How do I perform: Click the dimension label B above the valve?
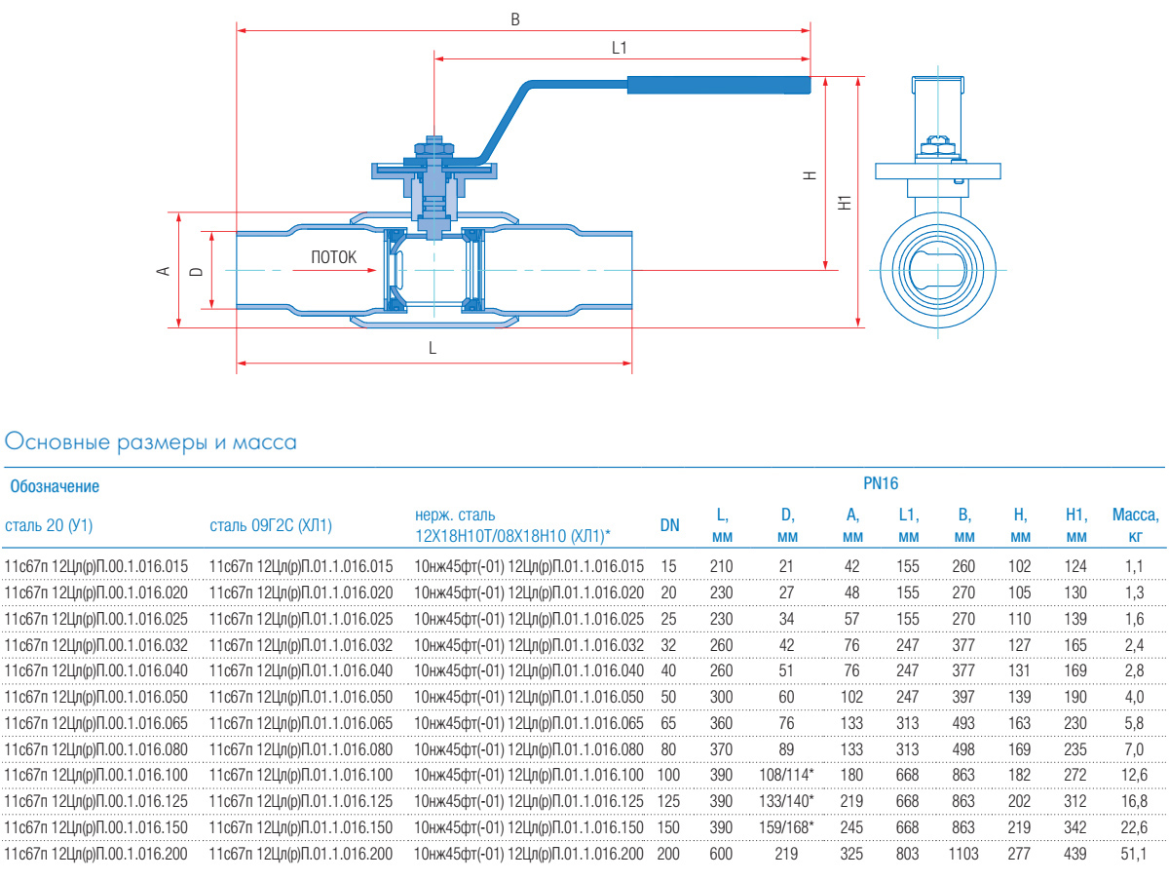click(x=515, y=19)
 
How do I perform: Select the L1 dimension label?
click(x=619, y=48)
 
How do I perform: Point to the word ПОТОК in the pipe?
click(x=333, y=257)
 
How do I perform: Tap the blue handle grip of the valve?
click(x=718, y=85)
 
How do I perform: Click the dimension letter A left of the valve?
click(x=163, y=271)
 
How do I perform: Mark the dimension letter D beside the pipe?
click(x=196, y=271)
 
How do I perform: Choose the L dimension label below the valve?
click(x=433, y=348)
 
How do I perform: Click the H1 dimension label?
click(x=845, y=203)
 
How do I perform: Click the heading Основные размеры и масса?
click(x=151, y=442)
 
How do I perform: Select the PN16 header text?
click(x=881, y=483)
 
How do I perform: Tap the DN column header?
click(x=669, y=525)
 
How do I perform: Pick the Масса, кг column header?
click(x=1136, y=525)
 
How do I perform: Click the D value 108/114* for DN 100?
click(x=786, y=775)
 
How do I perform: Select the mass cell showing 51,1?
click(x=1133, y=854)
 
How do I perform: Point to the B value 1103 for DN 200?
click(x=963, y=854)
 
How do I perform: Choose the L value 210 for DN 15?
click(x=721, y=566)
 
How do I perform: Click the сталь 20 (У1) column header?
click(x=49, y=526)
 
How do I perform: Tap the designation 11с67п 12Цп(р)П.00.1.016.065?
click(x=95, y=723)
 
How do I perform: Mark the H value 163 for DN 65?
click(x=1019, y=723)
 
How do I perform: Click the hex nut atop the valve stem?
click(x=434, y=146)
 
